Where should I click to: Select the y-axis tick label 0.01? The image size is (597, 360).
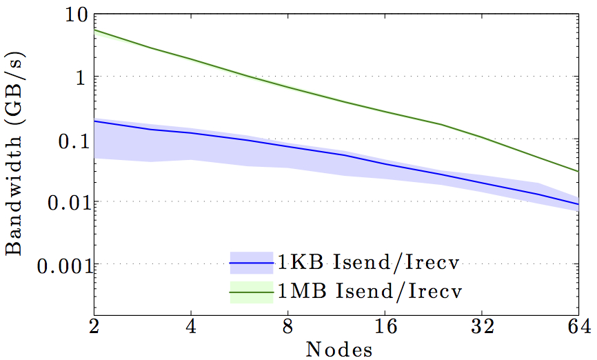point(61,202)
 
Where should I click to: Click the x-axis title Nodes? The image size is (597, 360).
point(338,349)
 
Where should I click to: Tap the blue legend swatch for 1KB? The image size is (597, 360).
point(251,263)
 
